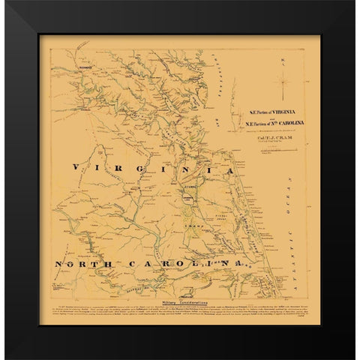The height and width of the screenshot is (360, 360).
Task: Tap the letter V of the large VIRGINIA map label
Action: (73, 167)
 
